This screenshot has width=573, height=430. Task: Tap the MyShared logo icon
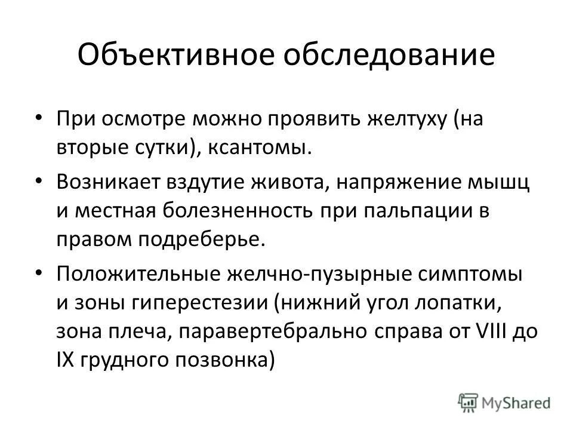[467, 402]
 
